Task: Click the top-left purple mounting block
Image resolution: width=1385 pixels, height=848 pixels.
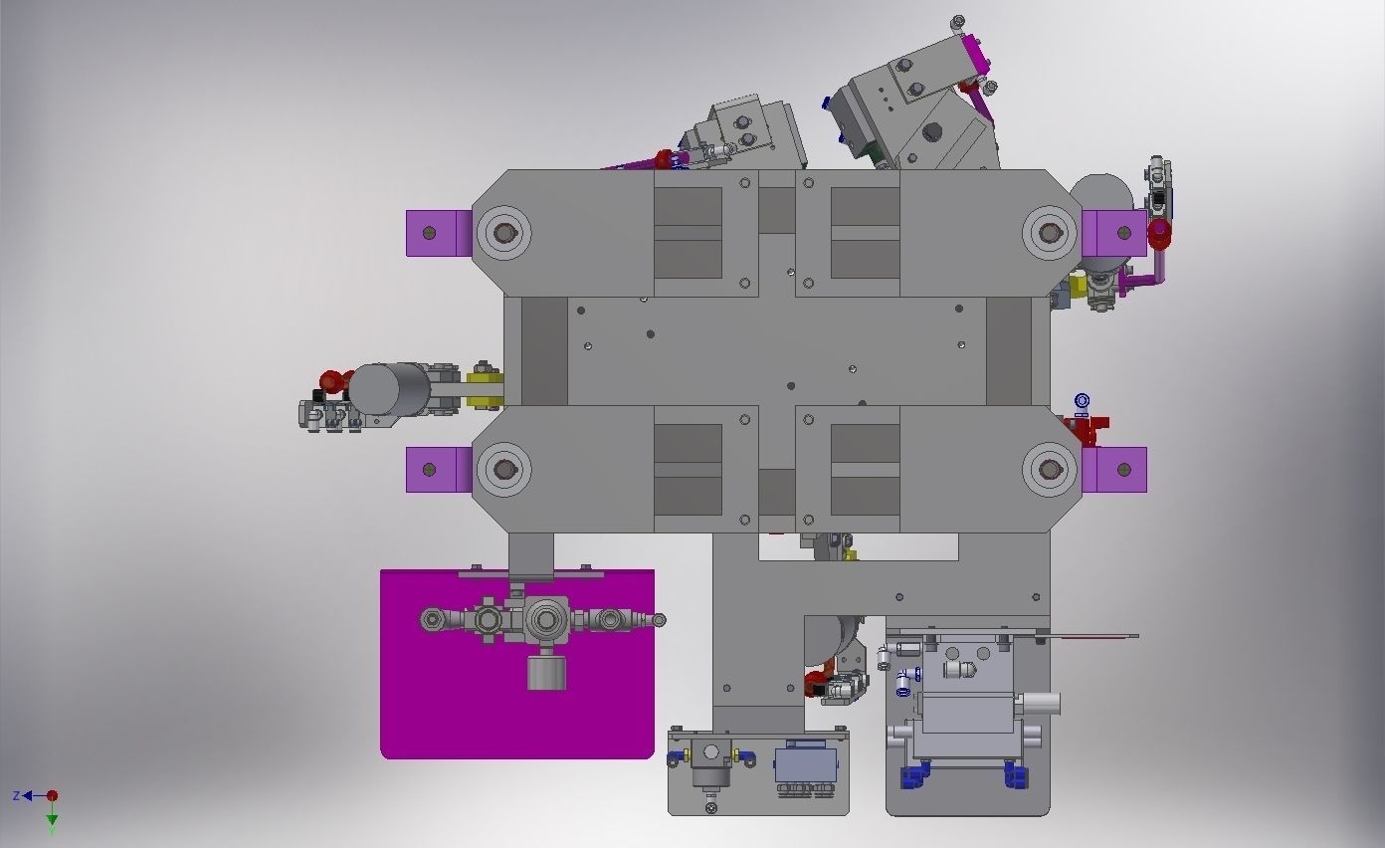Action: click(437, 233)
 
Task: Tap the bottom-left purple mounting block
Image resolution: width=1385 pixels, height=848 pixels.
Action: click(437, 469)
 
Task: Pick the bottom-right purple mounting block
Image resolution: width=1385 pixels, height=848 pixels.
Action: click(1114, 470)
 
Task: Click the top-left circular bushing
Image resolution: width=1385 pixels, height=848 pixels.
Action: click(504, 233)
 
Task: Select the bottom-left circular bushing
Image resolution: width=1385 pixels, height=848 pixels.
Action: click(504, 469)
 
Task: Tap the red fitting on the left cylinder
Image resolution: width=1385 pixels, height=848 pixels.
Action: click(331, 380)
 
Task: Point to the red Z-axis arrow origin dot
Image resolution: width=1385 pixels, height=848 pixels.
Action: click(53, 795)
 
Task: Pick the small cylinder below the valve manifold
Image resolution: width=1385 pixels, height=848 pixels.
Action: click(546, 673)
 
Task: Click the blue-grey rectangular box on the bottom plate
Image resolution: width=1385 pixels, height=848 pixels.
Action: click(805, 764)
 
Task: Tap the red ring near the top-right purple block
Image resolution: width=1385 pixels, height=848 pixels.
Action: click(1160, 234)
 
